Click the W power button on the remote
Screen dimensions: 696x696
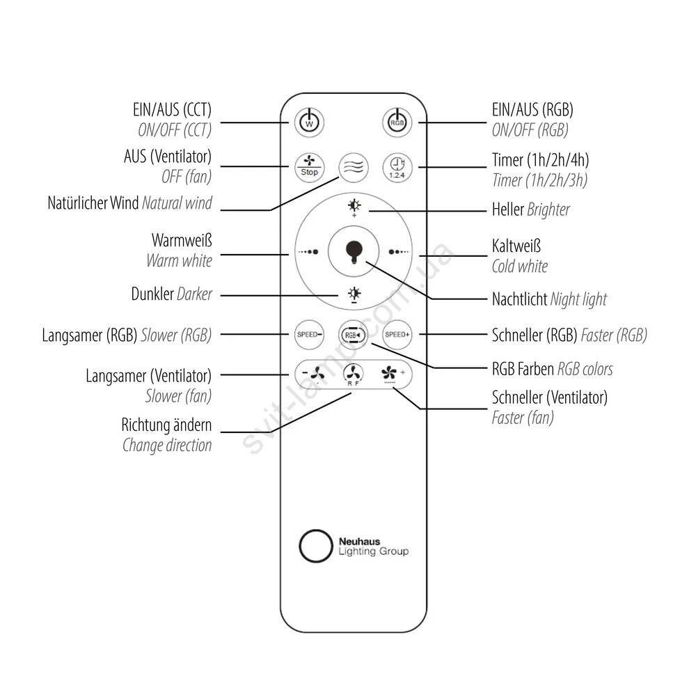tap(310, 122)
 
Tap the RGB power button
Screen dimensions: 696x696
tap(397, 122)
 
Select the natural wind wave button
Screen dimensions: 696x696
tap(353, 168)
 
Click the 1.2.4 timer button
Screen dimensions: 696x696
tap(397, 168)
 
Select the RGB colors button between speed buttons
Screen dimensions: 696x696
tap(353, 335)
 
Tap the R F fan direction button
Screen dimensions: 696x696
tap(354, 375)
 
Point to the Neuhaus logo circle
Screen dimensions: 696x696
tap(314, 546)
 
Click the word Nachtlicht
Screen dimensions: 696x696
tap(519, 299)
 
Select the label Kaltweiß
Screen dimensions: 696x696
tap(516, 246)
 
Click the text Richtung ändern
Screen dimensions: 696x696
tap(166, 425)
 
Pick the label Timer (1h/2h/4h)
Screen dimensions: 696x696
tap(540, 160)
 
